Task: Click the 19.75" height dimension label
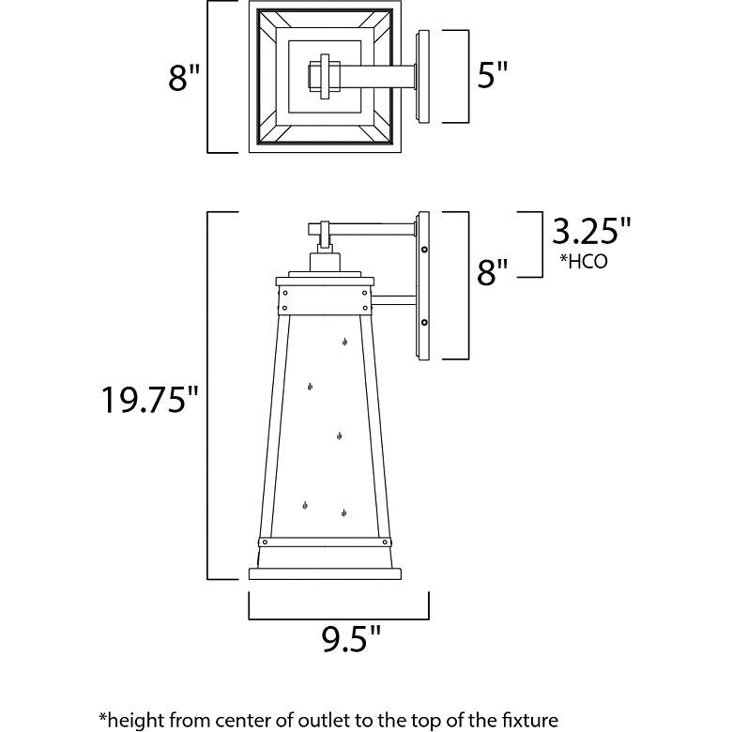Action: click(150, 400)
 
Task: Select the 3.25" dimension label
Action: click(591, 231)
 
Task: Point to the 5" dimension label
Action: click(493, 75)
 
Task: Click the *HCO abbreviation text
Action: click(584, 262)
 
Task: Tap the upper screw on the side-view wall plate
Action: click(424, 250)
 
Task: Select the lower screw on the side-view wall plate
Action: click(424, 322)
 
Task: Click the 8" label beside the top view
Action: click(184, 77)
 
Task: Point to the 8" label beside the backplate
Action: click(492, 272)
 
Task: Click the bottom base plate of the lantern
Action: click(325, 573)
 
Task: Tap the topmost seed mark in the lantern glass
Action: click(344, 343)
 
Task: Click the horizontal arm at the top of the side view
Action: click(362, 229)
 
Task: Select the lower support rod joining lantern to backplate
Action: click(393, 300)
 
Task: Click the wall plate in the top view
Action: click(422, 77)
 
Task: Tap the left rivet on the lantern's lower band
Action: click(266, 542)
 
